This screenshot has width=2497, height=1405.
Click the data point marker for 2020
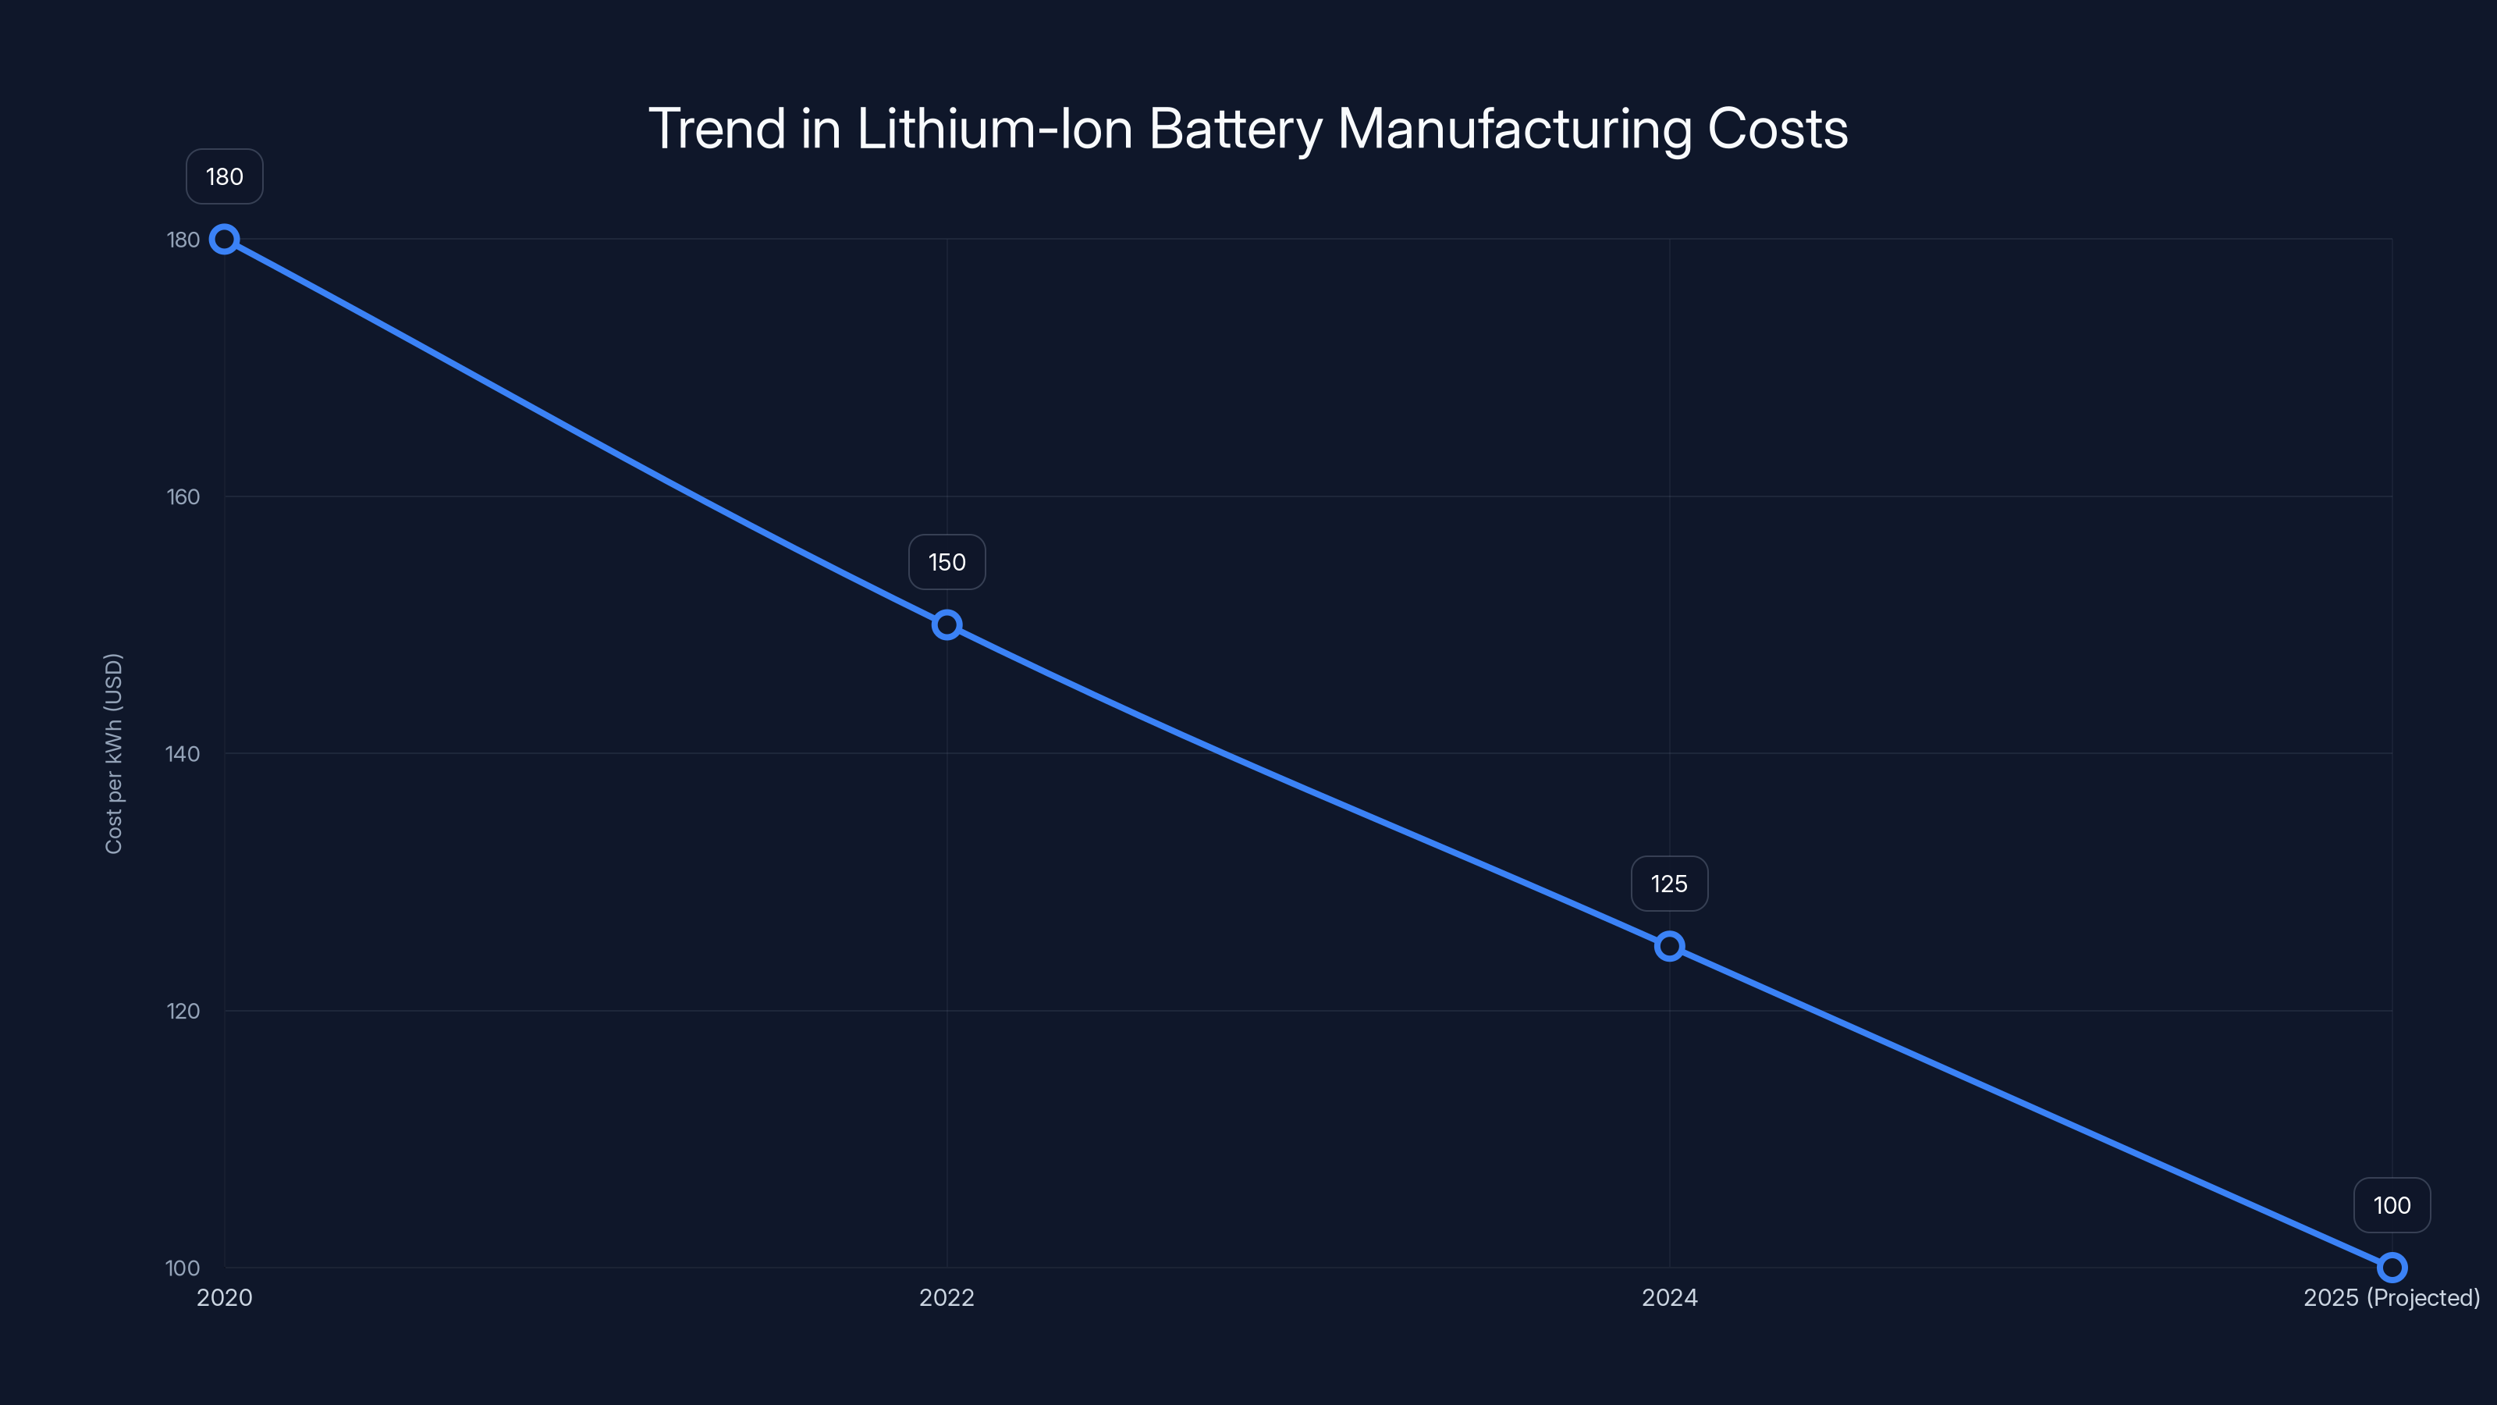click(225, 240)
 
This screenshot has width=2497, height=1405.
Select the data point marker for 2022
click(947, 625)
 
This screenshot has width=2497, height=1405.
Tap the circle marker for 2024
click(1669, 946)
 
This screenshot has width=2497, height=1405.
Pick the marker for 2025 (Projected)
click(2392, 1268)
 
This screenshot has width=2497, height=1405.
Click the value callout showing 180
click(225, 176)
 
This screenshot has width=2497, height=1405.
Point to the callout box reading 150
click(947, 562)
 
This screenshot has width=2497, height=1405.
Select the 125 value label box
click(1669, 884)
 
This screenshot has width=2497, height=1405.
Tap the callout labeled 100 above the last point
click(2392, 1205)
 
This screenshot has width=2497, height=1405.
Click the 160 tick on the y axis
click(183, 496)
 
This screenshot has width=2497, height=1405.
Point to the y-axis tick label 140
click(183, 753)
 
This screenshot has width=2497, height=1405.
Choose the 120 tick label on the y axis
click(183, 1010)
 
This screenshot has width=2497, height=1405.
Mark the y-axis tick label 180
click(183, 240)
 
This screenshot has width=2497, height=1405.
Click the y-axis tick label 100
click(183, 1268)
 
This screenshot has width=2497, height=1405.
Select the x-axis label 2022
click(947, 1297)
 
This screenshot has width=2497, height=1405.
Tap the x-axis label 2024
click(1669, 1297)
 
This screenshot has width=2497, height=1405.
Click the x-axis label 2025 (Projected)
click(2392, 1297)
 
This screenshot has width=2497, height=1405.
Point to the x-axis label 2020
click(225, 1297)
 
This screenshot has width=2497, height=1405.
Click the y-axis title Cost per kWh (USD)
click(113, 753)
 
